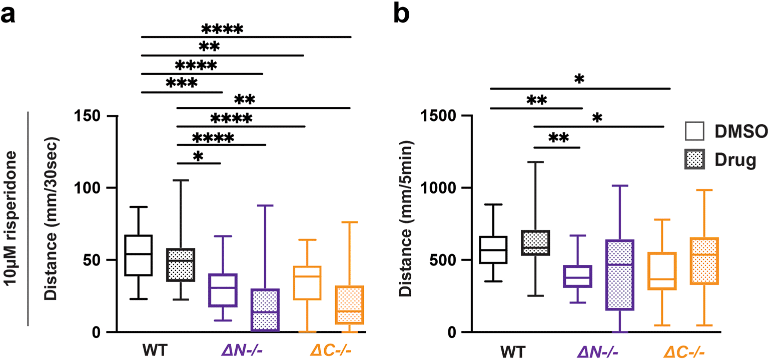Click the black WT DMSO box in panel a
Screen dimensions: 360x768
point(139,255)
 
